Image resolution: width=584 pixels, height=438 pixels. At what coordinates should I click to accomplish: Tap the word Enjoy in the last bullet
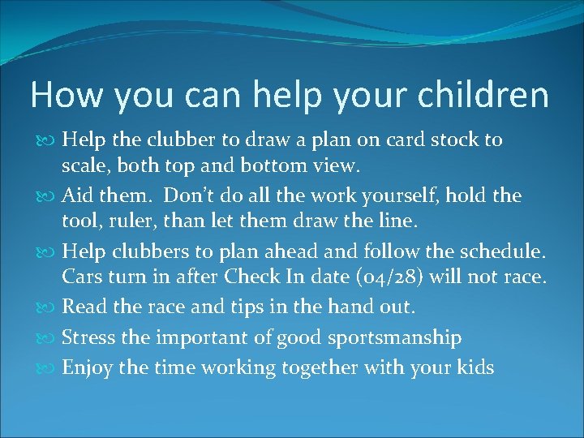87,367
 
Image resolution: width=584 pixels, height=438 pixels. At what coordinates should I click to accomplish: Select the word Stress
88,337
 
